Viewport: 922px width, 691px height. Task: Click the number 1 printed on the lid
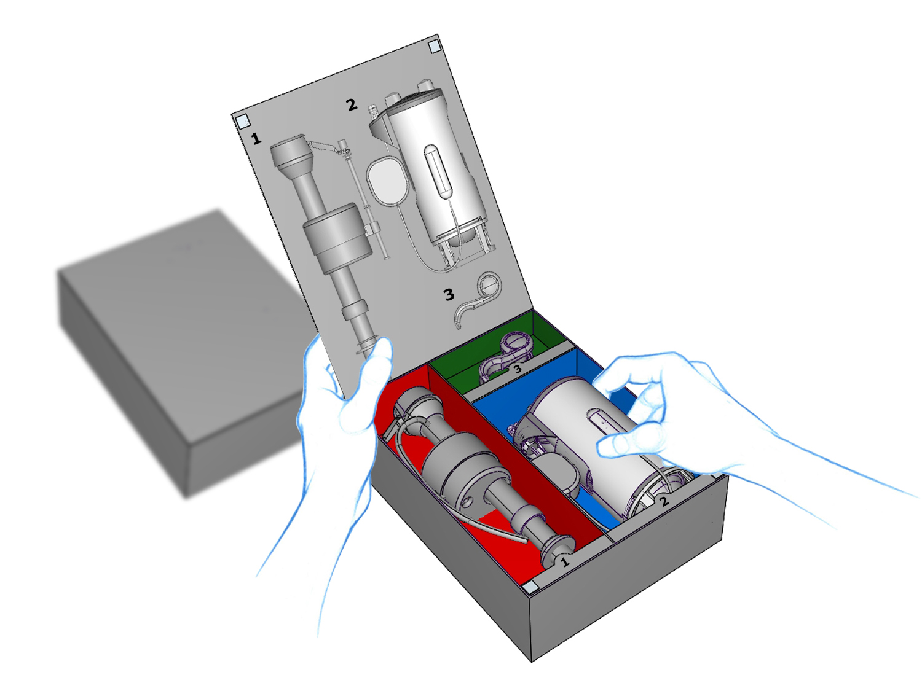coord(256,138)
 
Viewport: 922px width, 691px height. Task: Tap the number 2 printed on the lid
coord(352,104)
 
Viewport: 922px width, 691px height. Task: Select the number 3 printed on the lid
coord(449,295)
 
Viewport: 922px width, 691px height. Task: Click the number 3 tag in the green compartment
coord(518,369)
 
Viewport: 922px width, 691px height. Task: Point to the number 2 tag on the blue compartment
coord(664,501)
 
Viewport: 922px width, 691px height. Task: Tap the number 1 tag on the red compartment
coord(565,561)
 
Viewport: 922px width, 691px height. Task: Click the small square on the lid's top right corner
coord(435,47)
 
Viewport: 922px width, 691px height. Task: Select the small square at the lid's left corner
coord(243,122)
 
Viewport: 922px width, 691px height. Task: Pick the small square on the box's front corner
coord(530,587)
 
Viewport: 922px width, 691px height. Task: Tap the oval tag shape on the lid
coord(387,181)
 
